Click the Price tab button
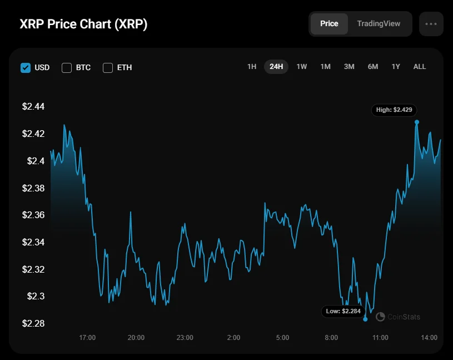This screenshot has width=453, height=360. (x=329, y=24)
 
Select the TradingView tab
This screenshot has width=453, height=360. (x=379, y=24)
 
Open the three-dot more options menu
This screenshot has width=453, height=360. (x=431, y=24)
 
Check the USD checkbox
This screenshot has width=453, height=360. (x=25, y=68)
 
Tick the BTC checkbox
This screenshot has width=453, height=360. (x=67, y=68)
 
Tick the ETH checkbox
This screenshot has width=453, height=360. (x=108, y=68)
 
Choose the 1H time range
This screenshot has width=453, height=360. (x=252, y=67)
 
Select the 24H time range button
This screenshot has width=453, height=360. (x=276, y=67)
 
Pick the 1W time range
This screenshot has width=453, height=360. (x=301, y=67)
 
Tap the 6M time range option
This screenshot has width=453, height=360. (x=372, y=67)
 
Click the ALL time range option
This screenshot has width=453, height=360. (x=420, y=67)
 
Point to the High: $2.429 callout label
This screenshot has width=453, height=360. (x=394, y=110)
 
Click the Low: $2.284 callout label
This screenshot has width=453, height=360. (x=343, y=311)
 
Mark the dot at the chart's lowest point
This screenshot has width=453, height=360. (x=365, y=319)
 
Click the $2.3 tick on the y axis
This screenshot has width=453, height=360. (x=35, y=297)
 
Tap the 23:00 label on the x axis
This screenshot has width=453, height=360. (x=185, y=338)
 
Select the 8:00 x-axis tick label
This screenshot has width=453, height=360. (x=331, y=338)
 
